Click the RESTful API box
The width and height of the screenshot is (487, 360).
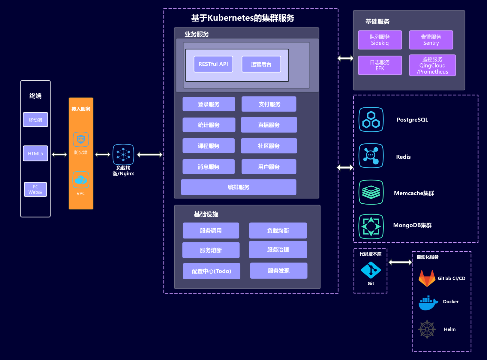(213, 64)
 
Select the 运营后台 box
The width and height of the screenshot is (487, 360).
(261, 64)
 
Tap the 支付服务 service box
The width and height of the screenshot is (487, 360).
(269, 104)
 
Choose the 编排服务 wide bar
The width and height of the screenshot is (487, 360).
(239, 187)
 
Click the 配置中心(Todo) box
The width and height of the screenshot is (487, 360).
(212, 271)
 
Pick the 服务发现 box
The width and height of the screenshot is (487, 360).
(278, 271)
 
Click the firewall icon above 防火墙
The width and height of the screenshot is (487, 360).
(81, 139)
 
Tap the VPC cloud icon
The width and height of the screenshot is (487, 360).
(81, 180)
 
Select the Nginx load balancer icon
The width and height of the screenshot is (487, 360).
(123, 154)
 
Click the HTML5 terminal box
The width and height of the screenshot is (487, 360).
(35, 153)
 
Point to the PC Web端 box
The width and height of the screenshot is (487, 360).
(35, 189)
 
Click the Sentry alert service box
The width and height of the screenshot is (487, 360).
(431, 40)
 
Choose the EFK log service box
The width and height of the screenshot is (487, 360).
(380, 65)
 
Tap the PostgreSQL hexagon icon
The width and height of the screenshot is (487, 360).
(371, 120)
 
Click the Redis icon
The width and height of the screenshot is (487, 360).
(371, 156)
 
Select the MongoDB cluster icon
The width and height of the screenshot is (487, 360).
(371, 226)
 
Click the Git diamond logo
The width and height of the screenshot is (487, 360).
(371, 270)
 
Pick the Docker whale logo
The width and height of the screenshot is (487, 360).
(428, 303)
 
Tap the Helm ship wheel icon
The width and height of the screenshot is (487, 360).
(427, 329)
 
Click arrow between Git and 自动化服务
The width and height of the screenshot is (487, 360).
(400, 262)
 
